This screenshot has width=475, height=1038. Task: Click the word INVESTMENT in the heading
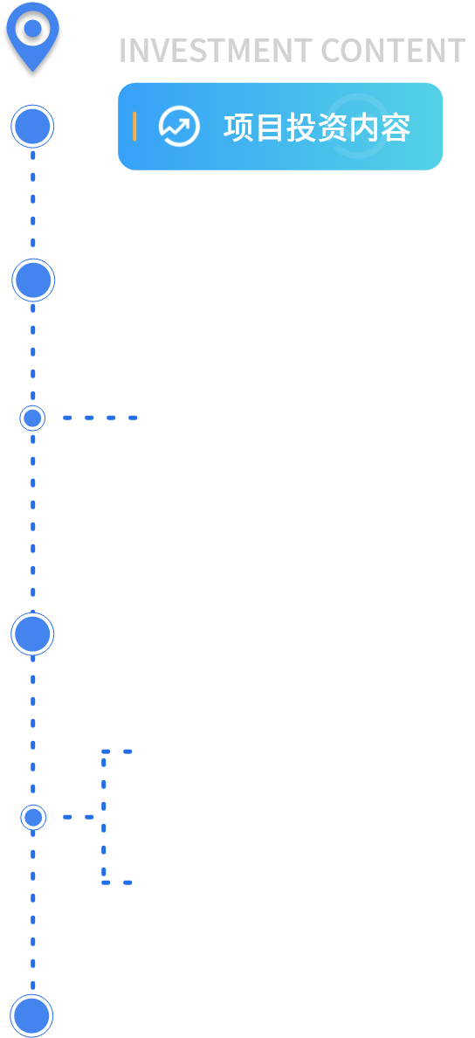[x=216, y=51]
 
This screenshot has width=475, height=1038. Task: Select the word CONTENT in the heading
[x=393, y=51]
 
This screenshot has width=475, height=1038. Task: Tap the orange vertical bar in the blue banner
[x=134, y=127]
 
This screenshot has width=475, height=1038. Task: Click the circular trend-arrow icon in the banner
[x=179, y=127]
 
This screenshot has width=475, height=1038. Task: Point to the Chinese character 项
[x=239, y=128]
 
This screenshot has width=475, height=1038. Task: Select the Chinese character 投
[x=301, y=128]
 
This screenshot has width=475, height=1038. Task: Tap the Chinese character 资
[x=332, y=128]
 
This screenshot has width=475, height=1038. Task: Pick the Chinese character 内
[x=363, y=128]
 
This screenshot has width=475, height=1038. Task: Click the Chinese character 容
[x=395, y=128]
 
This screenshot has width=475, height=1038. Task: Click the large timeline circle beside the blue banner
[x=32, y=127]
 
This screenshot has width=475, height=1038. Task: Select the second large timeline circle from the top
[x=33, y=280]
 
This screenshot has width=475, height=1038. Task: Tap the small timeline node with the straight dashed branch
[x=32, y=419]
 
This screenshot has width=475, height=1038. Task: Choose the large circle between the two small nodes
[x=32, y=634]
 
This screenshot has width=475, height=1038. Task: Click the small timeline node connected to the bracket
[x=33, y=818]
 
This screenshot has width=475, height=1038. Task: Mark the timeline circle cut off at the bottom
[x=31, y=1016]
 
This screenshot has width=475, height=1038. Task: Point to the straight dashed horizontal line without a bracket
[x=100, y=418]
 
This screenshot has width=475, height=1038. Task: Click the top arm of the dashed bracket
[x=117, y=751]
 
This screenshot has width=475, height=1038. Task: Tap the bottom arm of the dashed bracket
[x=117, y=882]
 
